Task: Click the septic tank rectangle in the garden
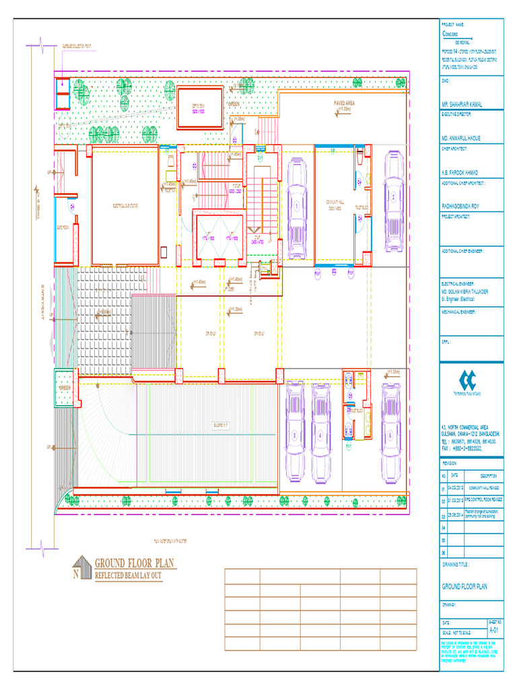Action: tap(200, 108)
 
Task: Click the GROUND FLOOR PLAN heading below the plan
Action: tap(135, 563)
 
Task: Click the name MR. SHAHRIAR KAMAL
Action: tap(464, 105)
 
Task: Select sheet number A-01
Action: tap(493, 631)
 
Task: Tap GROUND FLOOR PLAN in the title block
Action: tap(464, 587)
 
